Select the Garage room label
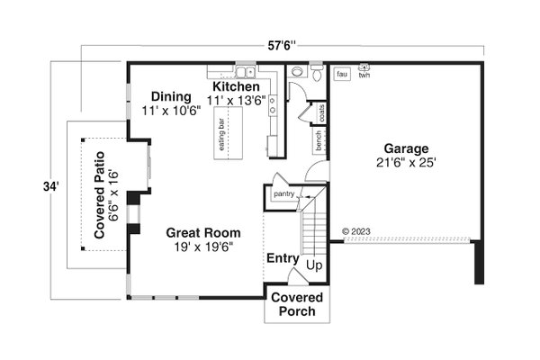407,148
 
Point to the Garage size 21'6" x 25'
407,163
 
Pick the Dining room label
170,97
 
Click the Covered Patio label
101,202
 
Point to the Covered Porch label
293,305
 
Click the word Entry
282,258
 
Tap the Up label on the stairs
315,266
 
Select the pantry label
284,193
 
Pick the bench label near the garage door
319,139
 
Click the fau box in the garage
342,74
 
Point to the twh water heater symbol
364,69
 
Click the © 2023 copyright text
357,231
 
